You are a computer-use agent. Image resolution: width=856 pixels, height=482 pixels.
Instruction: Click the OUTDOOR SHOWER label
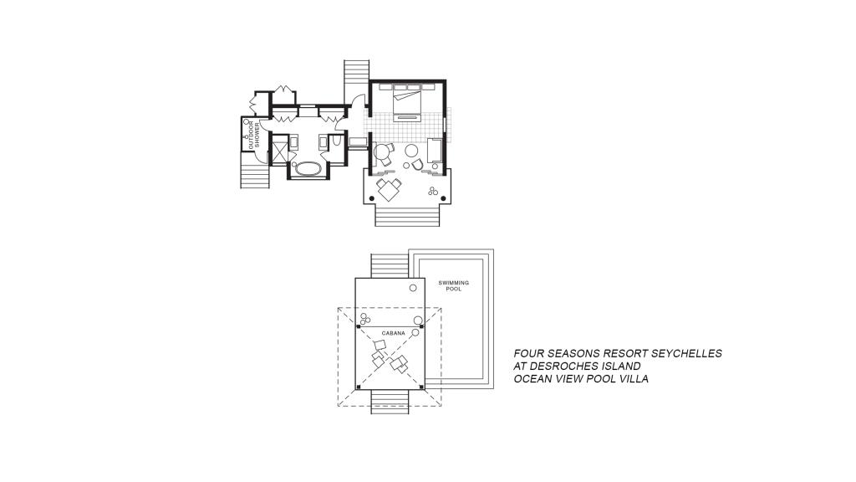[254, 135]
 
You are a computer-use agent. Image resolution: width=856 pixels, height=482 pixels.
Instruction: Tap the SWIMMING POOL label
[454, 286]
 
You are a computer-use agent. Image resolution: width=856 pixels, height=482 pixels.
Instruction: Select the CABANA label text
[393, 333]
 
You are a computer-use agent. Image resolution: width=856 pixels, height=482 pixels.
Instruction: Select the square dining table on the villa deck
[389, 190]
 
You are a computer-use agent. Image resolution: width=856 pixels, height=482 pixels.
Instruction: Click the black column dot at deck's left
[372, 198]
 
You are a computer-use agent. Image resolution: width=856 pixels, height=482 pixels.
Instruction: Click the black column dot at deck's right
[443, 198]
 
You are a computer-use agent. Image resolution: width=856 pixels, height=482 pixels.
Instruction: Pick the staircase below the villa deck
[407, 215]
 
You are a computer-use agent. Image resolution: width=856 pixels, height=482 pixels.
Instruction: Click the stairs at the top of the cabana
[390, 266]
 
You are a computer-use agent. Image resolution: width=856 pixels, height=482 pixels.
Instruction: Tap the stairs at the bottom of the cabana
[390, 402]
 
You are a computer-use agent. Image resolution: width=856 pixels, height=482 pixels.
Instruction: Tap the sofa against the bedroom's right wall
[435, 151]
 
